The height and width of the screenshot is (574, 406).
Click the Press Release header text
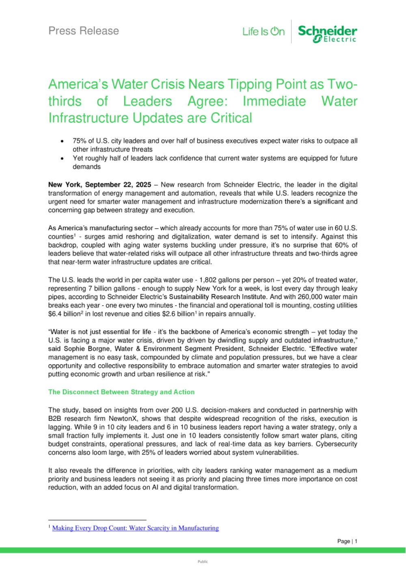pos(84,31)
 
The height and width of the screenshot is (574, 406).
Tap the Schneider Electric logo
pos(327,33)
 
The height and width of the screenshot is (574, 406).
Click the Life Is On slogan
pos(263,32)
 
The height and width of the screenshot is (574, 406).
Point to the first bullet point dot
pos(61,141)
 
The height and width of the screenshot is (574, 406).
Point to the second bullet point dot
pos(61,158)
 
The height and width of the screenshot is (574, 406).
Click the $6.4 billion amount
pos(65,314)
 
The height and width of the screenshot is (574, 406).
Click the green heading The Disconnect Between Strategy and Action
pos(121,392)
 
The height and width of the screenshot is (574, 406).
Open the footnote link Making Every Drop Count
pos(136,528)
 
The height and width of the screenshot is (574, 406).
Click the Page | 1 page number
pos(347,541)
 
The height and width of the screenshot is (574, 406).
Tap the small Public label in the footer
pos(203,561)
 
